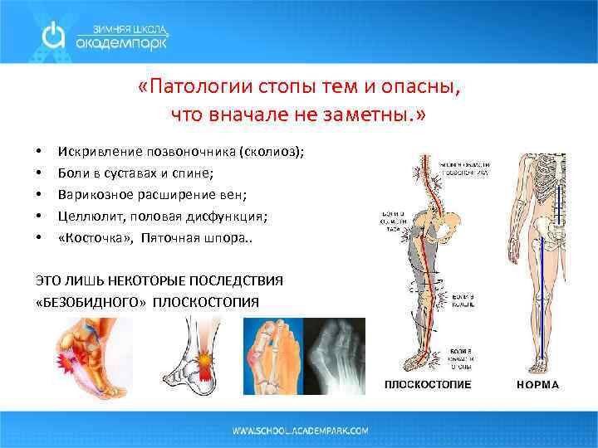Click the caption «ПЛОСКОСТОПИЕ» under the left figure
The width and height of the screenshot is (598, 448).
(x=427, y=385)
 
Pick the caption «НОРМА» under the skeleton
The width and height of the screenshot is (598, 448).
(x=537, y=385)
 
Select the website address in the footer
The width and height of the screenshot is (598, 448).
(x=300, y=431)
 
